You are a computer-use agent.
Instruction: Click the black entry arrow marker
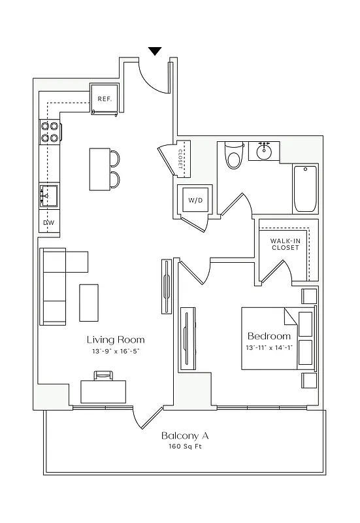point(155,51)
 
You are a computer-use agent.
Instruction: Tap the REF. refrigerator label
point(104,99)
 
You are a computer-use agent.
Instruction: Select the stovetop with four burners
point(50,131)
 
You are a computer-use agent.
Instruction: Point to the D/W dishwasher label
point(48,223)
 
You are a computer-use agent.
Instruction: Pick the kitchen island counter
point(99,169)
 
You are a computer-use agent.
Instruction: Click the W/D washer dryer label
point(195,199)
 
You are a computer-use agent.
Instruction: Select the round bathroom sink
point(265,152)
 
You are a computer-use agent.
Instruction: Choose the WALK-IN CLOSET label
point(285,245)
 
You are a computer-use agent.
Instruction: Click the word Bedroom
point(269,336)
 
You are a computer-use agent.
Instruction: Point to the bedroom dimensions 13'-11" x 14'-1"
point(269,347)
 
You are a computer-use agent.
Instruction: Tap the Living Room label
point(116,340)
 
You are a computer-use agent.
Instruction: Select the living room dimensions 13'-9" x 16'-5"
point(116,351)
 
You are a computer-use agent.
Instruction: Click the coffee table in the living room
point(89,302)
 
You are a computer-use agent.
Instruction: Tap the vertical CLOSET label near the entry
point(180,158)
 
